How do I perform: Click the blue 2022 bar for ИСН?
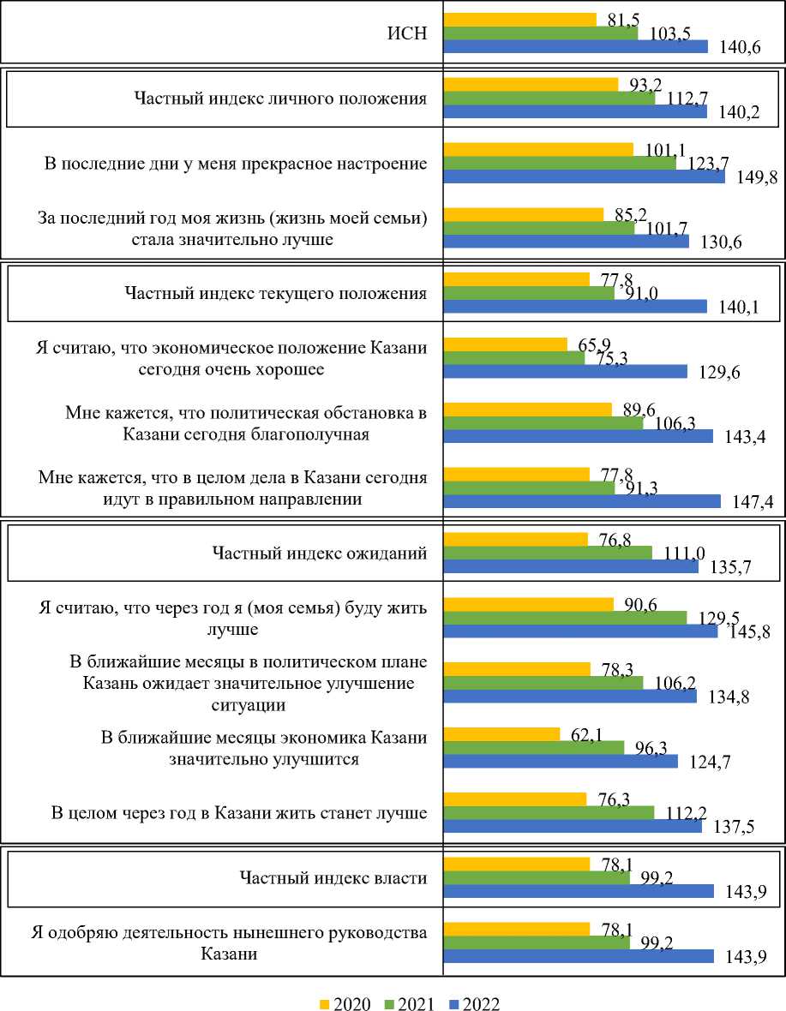[x=575, y=46]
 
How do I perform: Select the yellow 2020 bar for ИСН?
[x=519, y=19]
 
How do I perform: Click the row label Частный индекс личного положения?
[x=280, y=98]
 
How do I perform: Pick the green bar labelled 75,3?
[x=513, y=357]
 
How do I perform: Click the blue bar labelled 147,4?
[x=582, y=500]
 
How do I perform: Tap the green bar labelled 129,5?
[x=565, y=617]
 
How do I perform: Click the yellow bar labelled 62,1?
[x=501, y=733]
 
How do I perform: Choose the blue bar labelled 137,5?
[x=573, y=826]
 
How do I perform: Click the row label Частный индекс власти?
[x=332, y=876]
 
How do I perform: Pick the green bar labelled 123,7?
[x=560, y=163]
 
